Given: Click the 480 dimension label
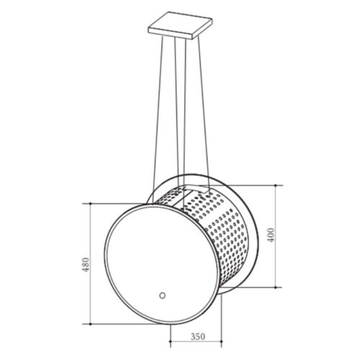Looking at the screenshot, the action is [86, 264].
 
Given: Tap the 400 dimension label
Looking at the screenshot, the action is [271, 235].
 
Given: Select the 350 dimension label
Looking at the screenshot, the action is [198, 336].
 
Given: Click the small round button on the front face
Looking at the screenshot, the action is [163, 295].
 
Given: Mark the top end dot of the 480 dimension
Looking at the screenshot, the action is [91, 204].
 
